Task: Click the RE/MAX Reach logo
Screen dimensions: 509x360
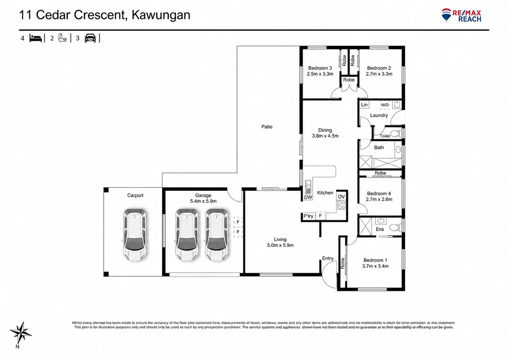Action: (x=461, y=15)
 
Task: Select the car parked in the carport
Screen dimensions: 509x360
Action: (x=135, y=235)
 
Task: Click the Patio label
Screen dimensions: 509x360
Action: (x=267, y=127)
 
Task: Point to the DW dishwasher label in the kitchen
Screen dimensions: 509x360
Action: (x=308, y=197)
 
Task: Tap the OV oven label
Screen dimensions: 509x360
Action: (x=341, y=197)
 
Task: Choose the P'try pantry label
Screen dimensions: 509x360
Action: (x=308, y=216)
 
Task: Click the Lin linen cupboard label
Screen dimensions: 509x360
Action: (x=364, y=104)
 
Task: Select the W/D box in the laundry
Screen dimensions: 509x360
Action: (x=385, y=105)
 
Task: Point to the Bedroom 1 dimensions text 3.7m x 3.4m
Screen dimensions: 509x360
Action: (x=375, y=266)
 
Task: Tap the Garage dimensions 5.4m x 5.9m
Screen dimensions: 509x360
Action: (x=203, y=201)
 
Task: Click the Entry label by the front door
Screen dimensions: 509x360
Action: (x=328, y=258)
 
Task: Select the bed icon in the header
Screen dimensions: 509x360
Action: (x=36, y=38)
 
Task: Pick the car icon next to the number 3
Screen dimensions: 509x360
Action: (x=90, y=38)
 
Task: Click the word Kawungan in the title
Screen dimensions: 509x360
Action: (x=161, y=15)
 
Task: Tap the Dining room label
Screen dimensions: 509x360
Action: (x=325, y=130)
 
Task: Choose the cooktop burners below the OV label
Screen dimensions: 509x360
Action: (x=341, y=205)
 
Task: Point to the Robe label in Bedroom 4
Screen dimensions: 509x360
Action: (x=380, y=173)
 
